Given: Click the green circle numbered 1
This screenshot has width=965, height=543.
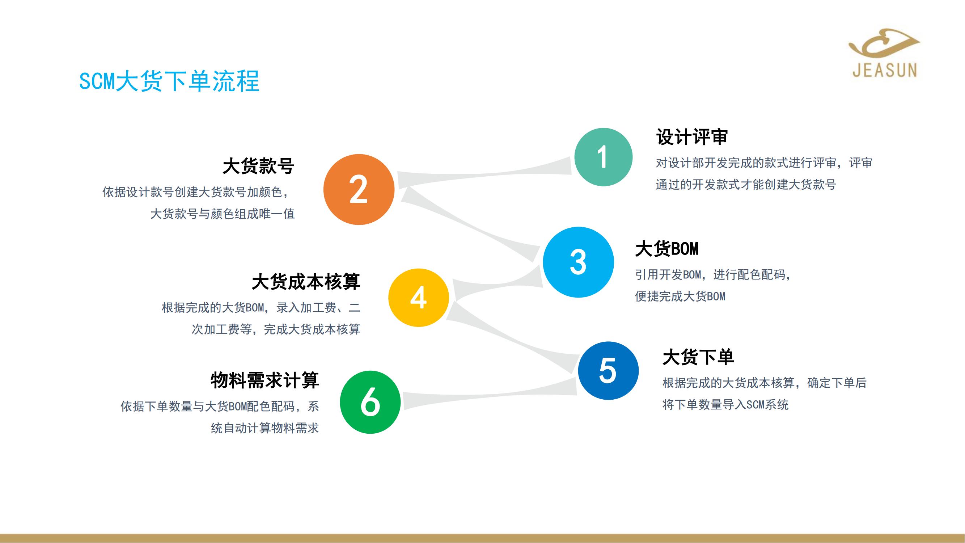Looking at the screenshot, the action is pos(603,157).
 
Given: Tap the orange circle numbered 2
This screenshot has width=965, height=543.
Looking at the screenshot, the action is pos(359,190).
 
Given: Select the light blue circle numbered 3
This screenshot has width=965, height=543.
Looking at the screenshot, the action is pos(579,262).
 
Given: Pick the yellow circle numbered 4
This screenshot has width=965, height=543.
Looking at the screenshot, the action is pos(418,298).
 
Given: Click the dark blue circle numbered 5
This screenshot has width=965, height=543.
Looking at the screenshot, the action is pos(608,371).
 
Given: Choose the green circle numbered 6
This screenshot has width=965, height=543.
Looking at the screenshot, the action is pos(370,402).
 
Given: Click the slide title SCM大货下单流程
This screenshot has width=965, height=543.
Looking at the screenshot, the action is pos(169,81).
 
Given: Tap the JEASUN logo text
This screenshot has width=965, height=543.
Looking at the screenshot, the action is pos(885,70).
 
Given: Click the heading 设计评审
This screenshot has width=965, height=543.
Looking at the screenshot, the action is pos(692,137).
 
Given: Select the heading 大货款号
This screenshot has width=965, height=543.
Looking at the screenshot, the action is pos(258,166).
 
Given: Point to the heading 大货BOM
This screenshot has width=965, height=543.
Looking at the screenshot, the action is pos(667,249).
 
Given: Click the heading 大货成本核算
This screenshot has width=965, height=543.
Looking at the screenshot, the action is pos(306,282).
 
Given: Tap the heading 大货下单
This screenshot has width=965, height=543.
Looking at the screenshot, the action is pos(698,357).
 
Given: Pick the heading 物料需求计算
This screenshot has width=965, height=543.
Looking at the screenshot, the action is pos(264,380).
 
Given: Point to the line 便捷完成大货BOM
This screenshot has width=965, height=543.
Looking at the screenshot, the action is pos(680,296).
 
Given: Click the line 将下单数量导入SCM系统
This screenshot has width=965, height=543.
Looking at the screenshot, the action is pos(725,405).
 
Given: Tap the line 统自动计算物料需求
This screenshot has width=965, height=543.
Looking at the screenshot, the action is pos(264,428).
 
